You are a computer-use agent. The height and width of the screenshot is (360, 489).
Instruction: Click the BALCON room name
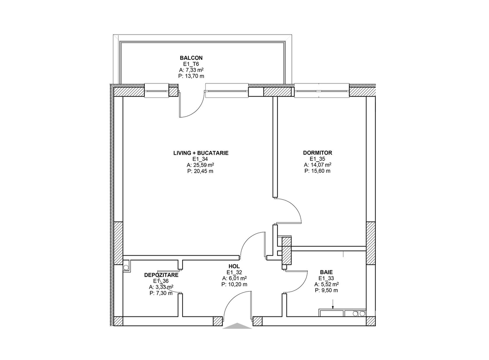[191, 58]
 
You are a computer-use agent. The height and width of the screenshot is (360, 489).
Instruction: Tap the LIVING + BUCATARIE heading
[201, 153]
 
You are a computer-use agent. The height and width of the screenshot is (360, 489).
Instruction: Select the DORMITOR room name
[317, 153]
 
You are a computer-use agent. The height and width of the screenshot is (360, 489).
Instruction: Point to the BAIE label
[326, 272]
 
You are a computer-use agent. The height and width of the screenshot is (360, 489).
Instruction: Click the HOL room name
[234, 266]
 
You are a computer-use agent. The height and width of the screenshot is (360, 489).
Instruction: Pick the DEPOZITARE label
[161, 275]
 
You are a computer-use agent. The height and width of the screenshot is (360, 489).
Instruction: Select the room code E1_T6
[191, 64]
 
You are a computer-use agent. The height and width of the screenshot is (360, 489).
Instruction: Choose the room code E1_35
[317, 159]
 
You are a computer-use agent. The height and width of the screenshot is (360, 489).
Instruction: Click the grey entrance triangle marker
[237, 325]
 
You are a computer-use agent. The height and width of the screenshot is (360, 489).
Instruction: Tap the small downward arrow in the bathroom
[333, 304]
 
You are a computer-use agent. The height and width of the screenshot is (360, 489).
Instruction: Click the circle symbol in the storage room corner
[126, 268]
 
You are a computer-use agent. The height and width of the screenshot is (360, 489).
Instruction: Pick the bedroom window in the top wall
[322, 90]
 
